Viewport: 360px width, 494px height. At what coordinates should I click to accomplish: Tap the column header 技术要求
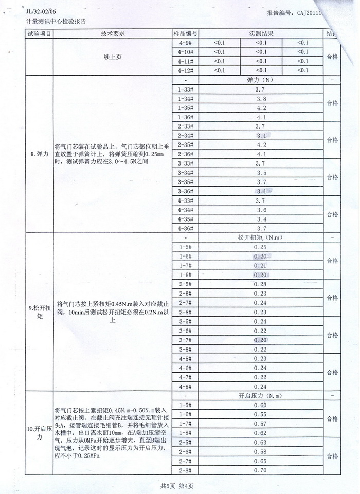tap(113, 33)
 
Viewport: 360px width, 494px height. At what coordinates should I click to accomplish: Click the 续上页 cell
tap(113, 57)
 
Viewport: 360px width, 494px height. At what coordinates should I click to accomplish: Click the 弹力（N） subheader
tap(261, 80)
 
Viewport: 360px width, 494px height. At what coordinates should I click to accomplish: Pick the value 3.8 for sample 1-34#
tap(261, 99)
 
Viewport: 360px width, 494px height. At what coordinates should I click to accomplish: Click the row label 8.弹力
tap(39, 154)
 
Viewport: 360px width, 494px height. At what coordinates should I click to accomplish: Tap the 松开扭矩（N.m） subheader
tap(261, 238)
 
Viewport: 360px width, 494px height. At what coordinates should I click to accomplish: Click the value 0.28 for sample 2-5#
tap(261, 284)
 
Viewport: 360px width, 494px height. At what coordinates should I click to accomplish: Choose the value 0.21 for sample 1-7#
tap(261, 266)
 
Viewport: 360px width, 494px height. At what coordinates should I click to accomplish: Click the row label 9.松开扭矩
tap(39, 312)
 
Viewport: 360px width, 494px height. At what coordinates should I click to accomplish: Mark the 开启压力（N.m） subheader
tap(261, 396)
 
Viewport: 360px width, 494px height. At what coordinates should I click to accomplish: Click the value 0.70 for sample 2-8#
tap(261, 470)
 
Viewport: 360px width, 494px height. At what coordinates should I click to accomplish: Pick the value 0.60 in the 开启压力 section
tap(261, 405)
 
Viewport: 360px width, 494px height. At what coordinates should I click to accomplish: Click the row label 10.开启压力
tap(39, 432)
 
